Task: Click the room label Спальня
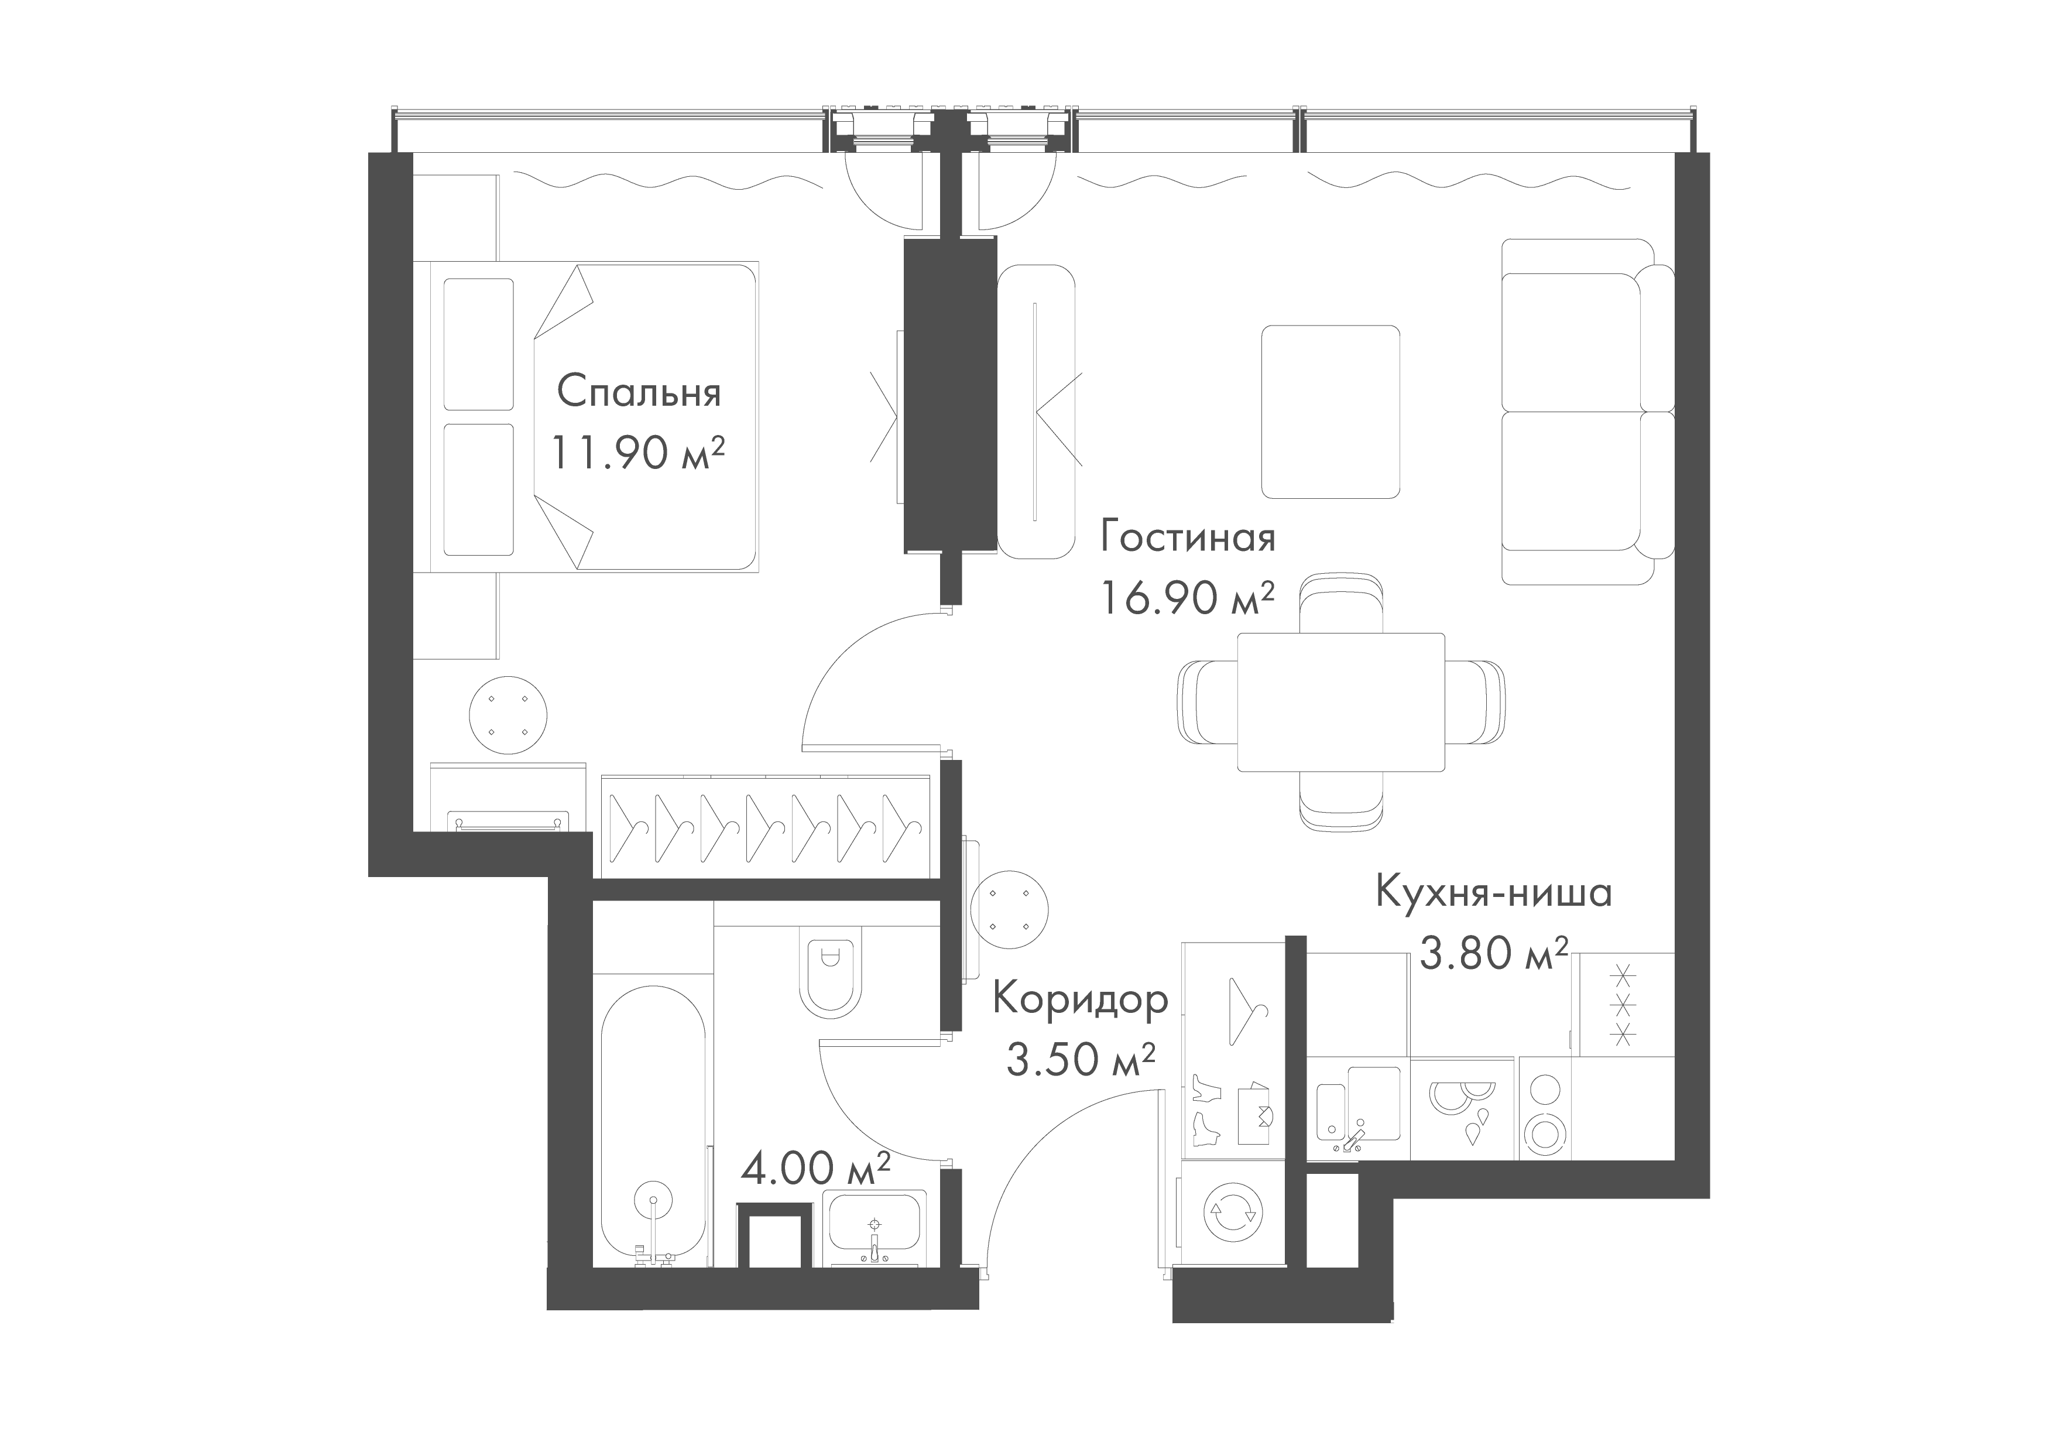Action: click(639, 393)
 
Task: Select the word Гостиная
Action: click(1188, 537)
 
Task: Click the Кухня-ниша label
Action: click(1493, 893)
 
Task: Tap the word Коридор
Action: click(1081, 1000)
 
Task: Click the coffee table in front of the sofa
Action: click(1331, 412)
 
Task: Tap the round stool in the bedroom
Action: click(508, 715)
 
